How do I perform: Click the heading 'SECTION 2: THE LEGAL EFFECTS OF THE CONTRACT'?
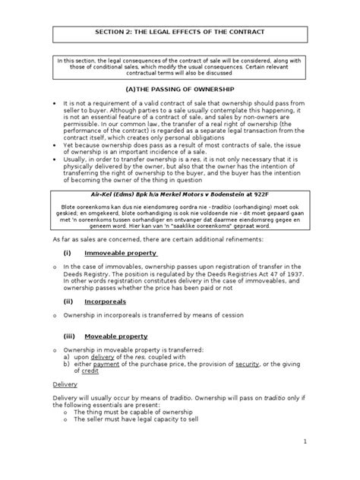point(179,34)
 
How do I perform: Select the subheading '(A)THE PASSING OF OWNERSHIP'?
point(179,89)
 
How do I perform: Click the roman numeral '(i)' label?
point(67,253)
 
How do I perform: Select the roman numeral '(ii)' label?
point(68,301)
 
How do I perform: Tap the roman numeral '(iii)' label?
point(68,336)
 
